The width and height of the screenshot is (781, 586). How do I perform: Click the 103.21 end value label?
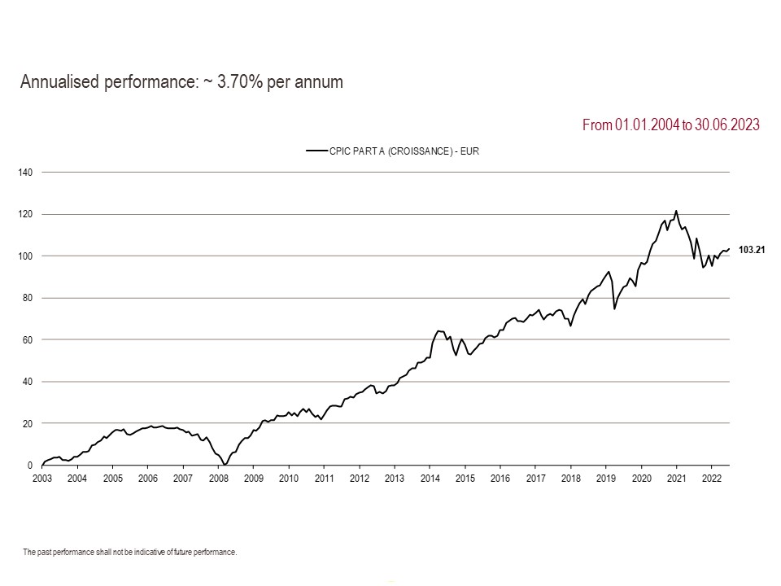752,250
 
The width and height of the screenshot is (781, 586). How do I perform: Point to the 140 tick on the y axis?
24,173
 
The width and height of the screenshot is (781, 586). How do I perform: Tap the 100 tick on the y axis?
24,256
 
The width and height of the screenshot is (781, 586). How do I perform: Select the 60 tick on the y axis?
26,340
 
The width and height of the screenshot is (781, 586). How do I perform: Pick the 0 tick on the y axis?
28,466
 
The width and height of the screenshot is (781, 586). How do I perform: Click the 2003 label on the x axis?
42,478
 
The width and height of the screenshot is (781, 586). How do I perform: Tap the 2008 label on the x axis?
218,478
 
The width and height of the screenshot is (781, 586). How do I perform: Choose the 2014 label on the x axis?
430,478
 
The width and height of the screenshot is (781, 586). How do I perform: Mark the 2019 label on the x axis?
605,478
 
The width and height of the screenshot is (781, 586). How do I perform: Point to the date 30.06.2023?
727,125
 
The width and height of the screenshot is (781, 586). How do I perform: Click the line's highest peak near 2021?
676,211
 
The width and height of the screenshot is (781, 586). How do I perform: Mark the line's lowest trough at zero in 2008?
225,465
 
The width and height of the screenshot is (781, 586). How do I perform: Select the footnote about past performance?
129,552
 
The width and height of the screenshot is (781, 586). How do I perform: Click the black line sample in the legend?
316,151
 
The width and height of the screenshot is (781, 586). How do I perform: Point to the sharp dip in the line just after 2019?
614,308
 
